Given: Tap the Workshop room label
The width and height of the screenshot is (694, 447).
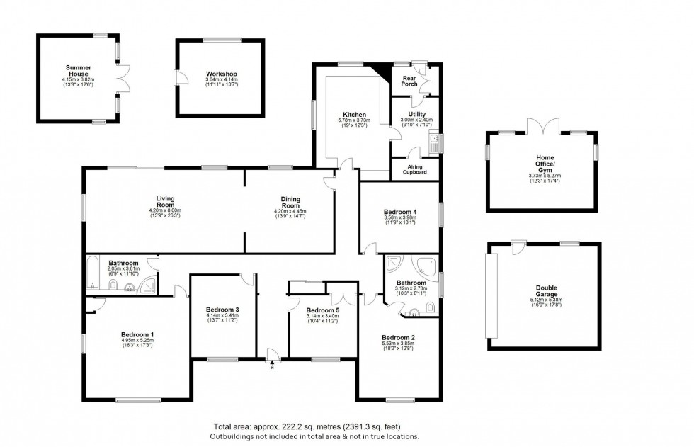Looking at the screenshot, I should [x=221, y=74].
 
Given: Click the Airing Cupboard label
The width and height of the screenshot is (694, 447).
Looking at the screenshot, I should [x=414, y=169].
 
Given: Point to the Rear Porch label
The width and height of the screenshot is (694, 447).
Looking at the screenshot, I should [x=409, y=81].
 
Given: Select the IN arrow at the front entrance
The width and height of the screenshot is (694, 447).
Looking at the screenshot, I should [x=273, y=367].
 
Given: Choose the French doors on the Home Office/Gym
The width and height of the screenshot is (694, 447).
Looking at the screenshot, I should [x=542, y=127].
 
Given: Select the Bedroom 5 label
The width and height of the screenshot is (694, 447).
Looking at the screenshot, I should [x=322, y=310].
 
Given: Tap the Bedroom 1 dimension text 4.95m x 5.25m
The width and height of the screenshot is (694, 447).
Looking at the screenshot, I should [x=137, y=341].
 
